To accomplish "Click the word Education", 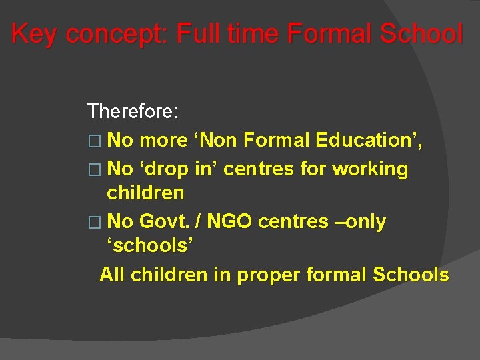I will tap(369, 140).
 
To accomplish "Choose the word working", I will tap(370, 169).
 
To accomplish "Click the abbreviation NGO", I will tap(231, 221).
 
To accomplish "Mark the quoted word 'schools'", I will tap(150, 245).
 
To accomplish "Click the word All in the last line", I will tap(113, 274).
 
